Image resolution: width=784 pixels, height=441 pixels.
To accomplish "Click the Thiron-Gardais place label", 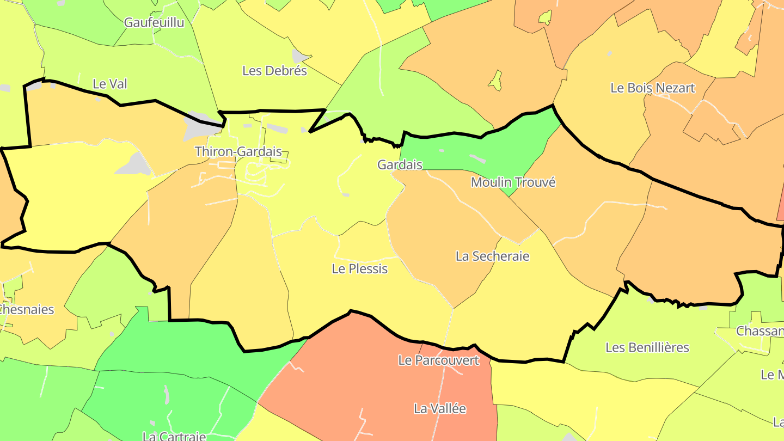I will (x=238, y=151).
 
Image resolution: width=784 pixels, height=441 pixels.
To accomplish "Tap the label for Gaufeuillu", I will (x=154, y=22).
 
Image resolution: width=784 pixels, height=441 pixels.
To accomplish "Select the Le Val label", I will (x=110, y=84).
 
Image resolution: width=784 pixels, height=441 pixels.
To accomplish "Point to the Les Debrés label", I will (x=274, y=71).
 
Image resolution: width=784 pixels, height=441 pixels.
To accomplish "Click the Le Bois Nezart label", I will (x=653, y=88).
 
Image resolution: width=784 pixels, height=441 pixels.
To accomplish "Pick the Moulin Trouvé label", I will (x=513, y=182).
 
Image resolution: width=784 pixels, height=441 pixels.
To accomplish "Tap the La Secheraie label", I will (x=492, y=256).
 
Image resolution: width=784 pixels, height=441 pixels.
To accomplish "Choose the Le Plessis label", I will (x=360, y=268).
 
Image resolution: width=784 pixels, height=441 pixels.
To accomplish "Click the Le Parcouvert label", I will (x=439, y=360).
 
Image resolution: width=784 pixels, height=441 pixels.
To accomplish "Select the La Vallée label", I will (x=440, y=408).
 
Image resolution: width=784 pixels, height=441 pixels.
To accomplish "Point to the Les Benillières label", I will (x=647, y=347).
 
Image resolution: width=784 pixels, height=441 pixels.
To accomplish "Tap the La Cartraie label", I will (x=174, y=436).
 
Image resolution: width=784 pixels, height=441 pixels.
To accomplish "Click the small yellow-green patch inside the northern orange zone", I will (x=495, y=81).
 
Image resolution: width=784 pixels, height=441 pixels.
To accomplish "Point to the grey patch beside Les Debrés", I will (x=301, y=56).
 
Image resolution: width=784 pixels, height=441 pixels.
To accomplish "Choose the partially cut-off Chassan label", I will (x=759, y=331).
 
